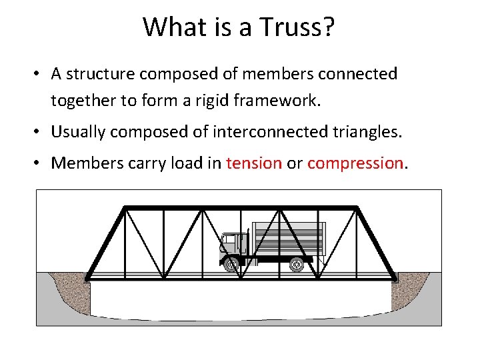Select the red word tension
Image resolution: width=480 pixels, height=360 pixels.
(x=254, y=163)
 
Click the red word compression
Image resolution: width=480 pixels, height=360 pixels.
(x=355, y=163)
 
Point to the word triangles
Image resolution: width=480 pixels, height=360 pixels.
(x=369, y=132)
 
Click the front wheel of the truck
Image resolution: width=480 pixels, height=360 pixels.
(x=231, y=265)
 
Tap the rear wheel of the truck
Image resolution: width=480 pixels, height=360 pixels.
(x=296, y=265)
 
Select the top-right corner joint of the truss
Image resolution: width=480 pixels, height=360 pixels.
(x=359, y=208)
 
